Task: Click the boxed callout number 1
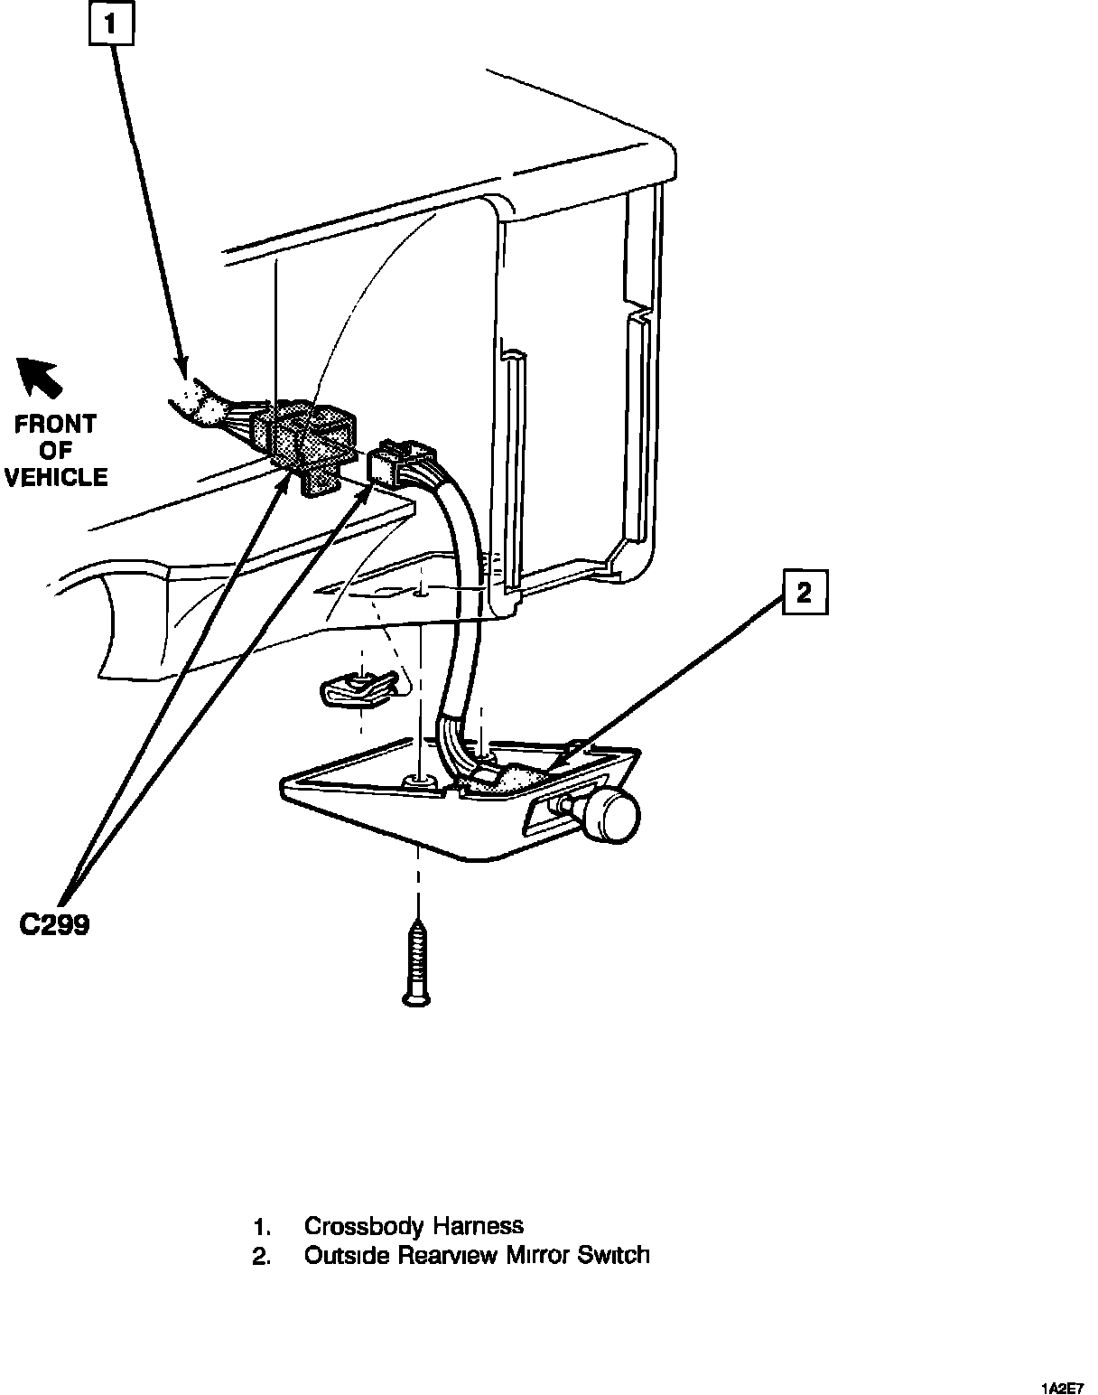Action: [x=111, y=24]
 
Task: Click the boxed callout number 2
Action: [x=805, y=593]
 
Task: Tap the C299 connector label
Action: [x=55, y=925]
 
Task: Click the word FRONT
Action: [x=56, y=424]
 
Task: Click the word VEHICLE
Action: [x=56, y=477]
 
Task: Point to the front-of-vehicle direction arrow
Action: [x=39, y=376]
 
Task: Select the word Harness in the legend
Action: [x=479, y=1226]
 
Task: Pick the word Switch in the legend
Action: [x=614, y=1255]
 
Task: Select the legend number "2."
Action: [x=262, y=1256]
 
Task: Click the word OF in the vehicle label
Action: [x=56, y=451]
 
